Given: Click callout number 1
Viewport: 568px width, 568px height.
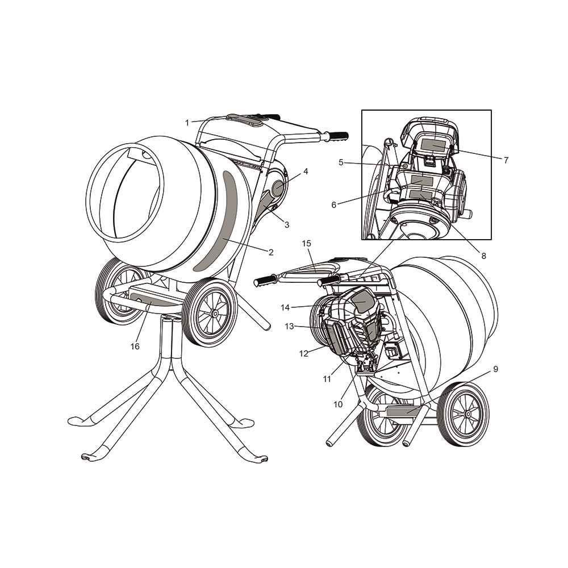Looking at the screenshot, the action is click(x=187, y=123).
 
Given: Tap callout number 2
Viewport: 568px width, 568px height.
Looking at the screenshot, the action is click(x=271, y=252).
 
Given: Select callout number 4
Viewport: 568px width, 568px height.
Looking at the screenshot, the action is click(x=306, y=172).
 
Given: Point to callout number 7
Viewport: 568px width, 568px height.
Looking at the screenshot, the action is click(x=506, y=160).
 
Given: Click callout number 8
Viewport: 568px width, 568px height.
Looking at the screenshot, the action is click(x=483, y=256).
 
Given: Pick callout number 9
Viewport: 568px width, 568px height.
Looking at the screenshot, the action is click(x=495, y=369).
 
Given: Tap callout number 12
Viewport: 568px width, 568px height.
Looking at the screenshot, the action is click(x=303, y=353).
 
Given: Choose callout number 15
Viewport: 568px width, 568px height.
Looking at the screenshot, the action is click(x=307, y=244).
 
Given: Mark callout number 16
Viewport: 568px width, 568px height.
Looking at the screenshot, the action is click(x=135, y=346).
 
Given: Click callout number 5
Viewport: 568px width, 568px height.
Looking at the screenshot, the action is click(x=341, y=162).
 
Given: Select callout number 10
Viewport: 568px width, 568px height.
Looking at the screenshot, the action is click(x=337, y=404).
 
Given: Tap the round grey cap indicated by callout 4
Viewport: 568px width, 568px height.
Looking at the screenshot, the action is click(x=278, y=189).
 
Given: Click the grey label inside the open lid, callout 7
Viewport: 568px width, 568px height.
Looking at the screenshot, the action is click(x=433, y=145).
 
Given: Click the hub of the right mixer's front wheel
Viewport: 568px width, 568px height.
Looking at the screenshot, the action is click(x=468, y=414).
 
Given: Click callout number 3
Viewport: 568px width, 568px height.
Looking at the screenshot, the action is click(x=286, y=225).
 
